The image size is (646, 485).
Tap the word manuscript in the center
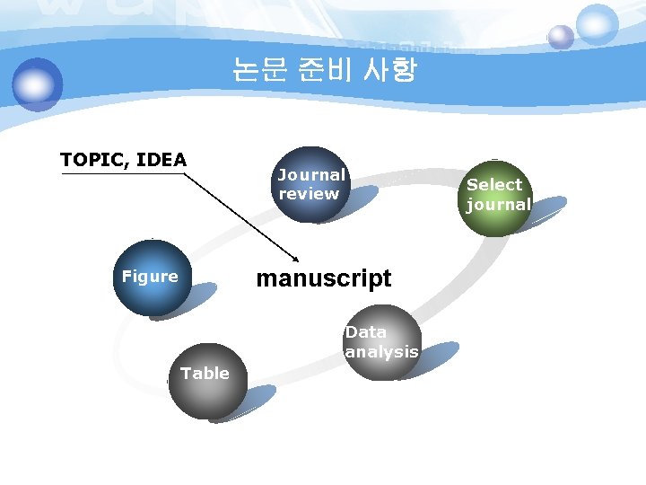pyautogui.click(x=323, y=278)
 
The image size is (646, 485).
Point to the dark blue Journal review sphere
pyautogui.click(x=310, y=184)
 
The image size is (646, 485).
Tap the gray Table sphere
pyautogui.click(x=205, y=381)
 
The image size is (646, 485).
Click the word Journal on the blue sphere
pyautogui.click(x=310, y=175)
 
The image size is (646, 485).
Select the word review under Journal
pyautogui.click(x=309, y=194)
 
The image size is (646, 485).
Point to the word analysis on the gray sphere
pyautogui.click(x=382, y=352)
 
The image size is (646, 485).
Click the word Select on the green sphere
pyautogui.click(x=494, y=184)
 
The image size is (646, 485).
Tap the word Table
pyautogui.click(x=205, y=373)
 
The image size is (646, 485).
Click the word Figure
pyautogui.click(x=150, y=277)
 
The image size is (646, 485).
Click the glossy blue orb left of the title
pyautogui.click(x=38, y=84)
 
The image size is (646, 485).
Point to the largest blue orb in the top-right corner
pyautogui.click(x=597, y=23)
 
